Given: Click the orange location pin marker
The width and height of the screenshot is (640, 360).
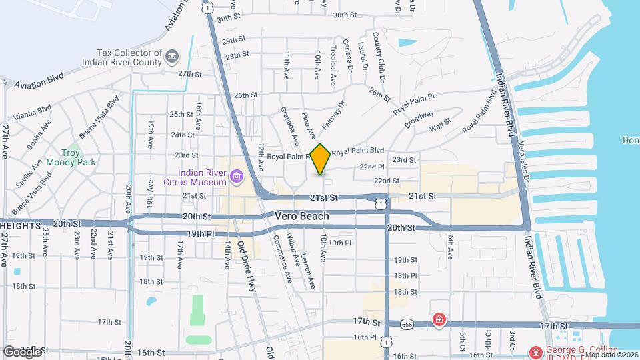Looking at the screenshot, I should (321, 159).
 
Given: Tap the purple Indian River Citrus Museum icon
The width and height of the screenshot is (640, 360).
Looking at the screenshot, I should (235, 176).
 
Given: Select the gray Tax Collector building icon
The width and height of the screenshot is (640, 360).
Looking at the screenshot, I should (172, 55).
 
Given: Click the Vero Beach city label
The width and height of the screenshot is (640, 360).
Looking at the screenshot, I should (302, 217).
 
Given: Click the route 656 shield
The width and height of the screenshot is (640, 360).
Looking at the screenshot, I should (407, 324).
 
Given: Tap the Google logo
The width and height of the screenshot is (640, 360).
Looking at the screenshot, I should (22, 351).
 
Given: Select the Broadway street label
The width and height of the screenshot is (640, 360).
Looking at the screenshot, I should (419, 119).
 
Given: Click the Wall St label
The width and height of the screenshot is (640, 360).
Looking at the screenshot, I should (440, 124).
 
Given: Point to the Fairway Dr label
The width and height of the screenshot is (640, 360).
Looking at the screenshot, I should (334, 115).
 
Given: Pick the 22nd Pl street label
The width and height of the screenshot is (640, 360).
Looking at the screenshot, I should (372, 167).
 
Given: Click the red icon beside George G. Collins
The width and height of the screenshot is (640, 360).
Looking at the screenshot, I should (535, 351).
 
